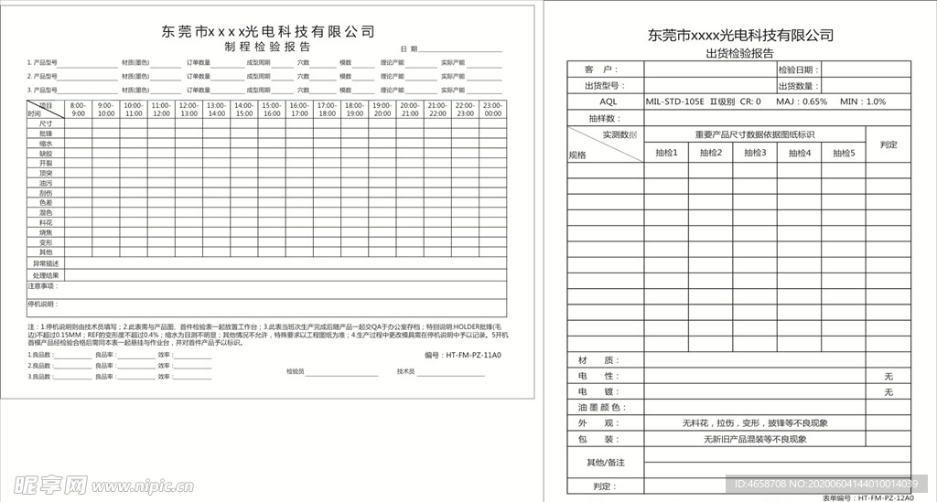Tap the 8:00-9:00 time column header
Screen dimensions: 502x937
78,110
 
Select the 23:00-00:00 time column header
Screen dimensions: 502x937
492,110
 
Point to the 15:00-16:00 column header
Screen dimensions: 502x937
272,110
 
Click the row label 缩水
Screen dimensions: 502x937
46,144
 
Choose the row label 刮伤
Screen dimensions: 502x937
46,193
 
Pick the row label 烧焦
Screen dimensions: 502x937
46,232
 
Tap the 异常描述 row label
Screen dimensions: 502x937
46,263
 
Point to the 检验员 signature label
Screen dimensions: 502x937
295,372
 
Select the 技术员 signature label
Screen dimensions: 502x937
405,372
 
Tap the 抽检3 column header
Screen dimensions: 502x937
755,153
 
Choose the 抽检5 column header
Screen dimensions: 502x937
844,153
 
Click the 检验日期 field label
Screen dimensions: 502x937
798,69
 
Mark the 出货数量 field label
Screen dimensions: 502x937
798,85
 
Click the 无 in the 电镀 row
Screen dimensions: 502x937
888,392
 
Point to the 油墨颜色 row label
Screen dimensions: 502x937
599,408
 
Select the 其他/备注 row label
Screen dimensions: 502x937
605,463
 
